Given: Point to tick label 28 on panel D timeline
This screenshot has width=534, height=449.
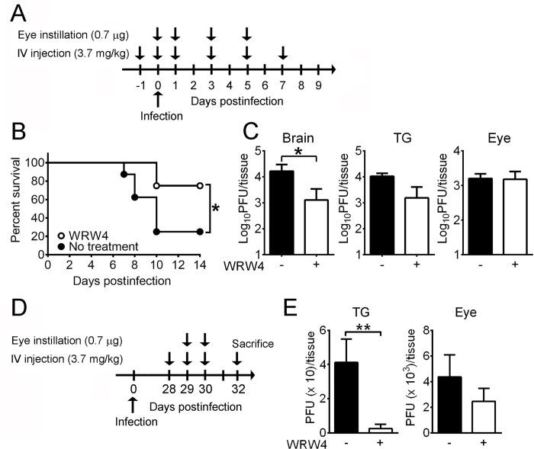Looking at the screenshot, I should click(x=169, y=390).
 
